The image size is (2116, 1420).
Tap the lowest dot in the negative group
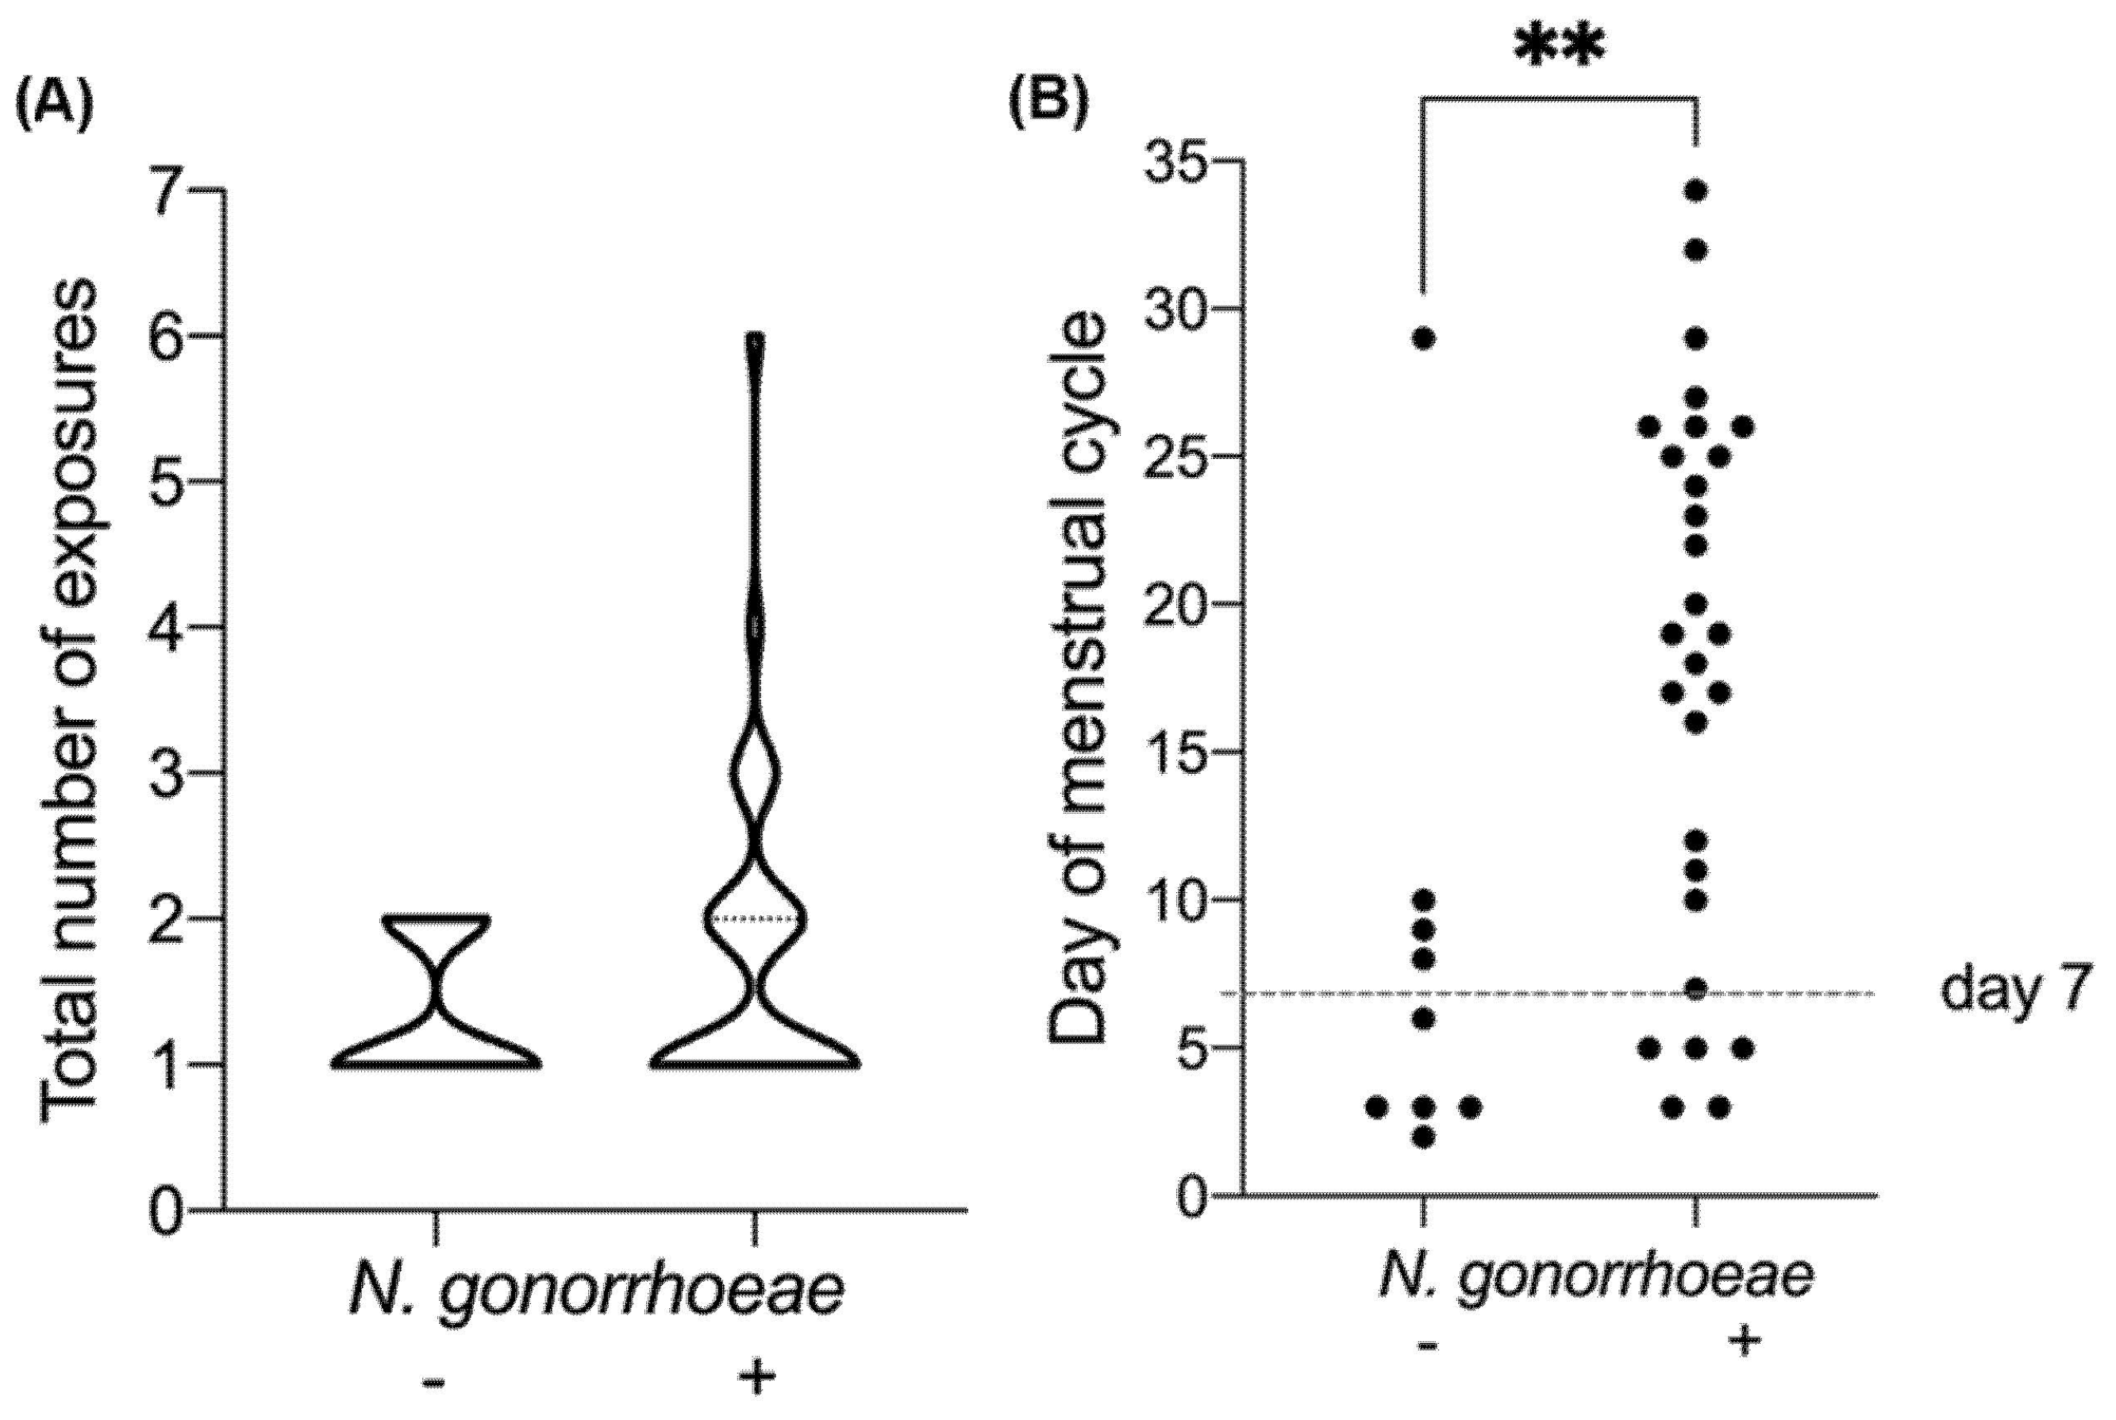[x=1424, y=1137]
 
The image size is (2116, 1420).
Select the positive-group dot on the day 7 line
[x=1695, y=990]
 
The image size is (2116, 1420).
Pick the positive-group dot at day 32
[x=1695, y=250]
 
